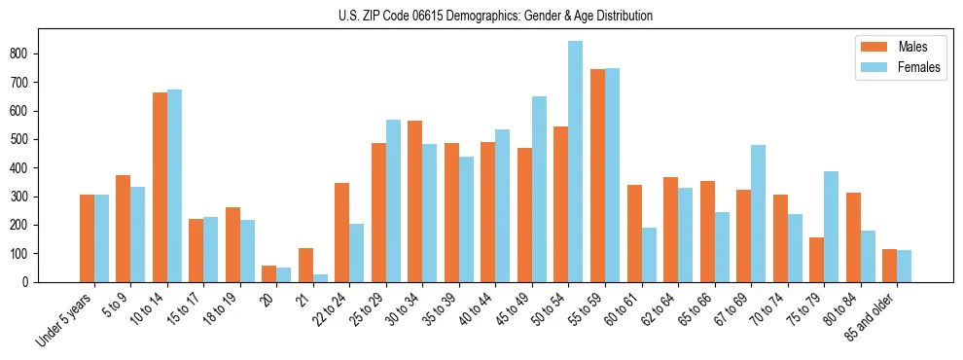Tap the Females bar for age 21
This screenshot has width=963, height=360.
[x=320, y=278]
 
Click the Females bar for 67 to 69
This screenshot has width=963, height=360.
[x=758, y=213]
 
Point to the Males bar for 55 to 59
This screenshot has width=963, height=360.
[x=597, y=175]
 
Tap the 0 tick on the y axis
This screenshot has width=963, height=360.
[x=33, y=282]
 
